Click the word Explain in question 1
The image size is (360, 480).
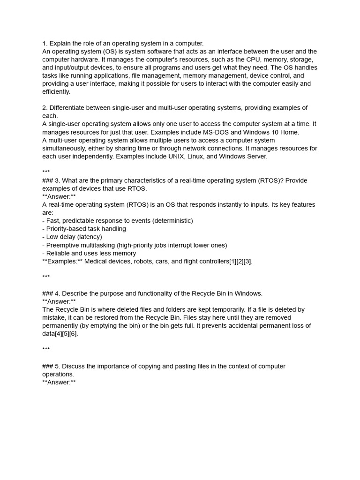(x=60, y=43)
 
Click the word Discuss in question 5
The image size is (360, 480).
(x=75, y=367)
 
